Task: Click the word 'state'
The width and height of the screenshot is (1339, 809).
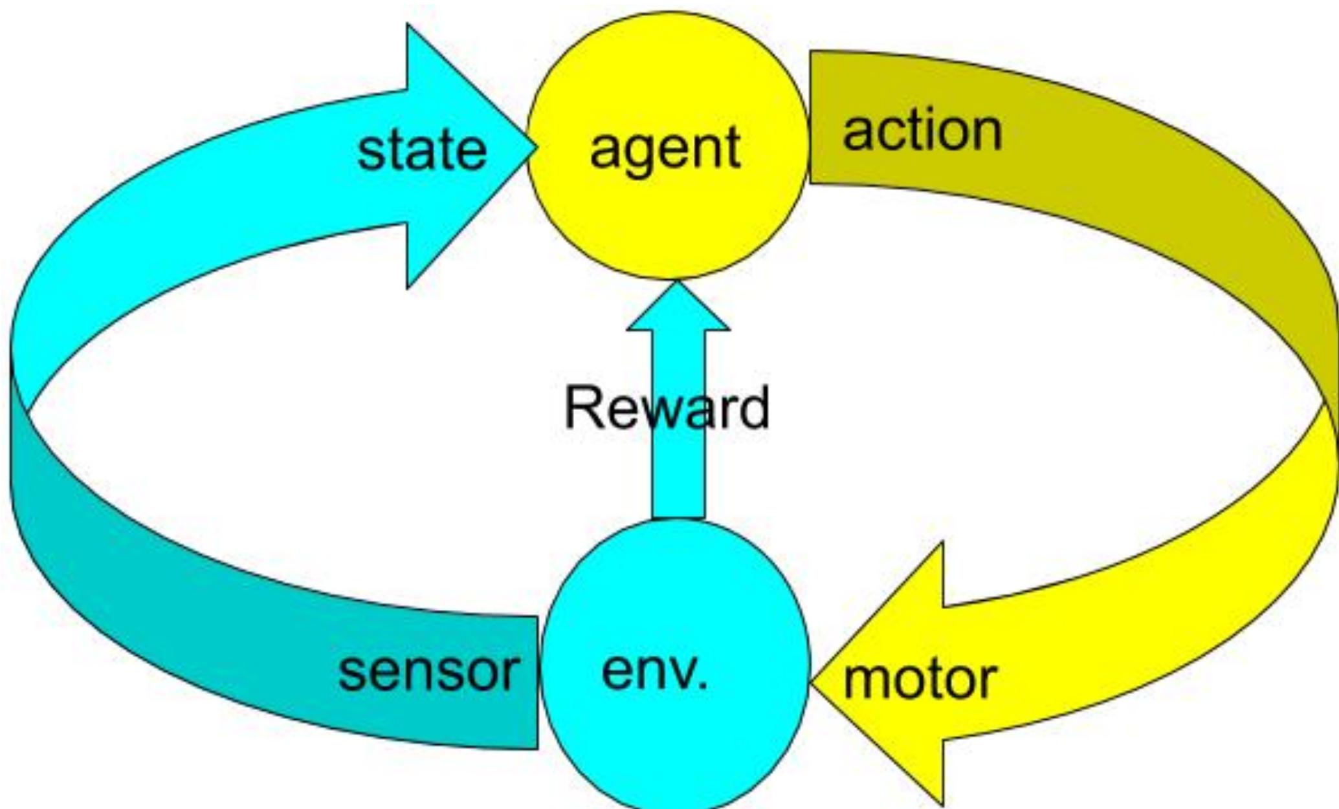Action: coord(422,151)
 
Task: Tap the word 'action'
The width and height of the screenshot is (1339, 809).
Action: coord(922,131)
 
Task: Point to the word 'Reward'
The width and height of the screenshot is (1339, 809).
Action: coord(667,408)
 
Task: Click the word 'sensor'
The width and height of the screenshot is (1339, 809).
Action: coord(428,671)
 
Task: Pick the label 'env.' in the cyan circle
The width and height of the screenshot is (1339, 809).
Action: coord(654,673)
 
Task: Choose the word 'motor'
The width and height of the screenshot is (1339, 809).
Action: coord(920,679)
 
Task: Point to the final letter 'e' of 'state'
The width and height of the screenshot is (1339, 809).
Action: coord(471,153)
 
